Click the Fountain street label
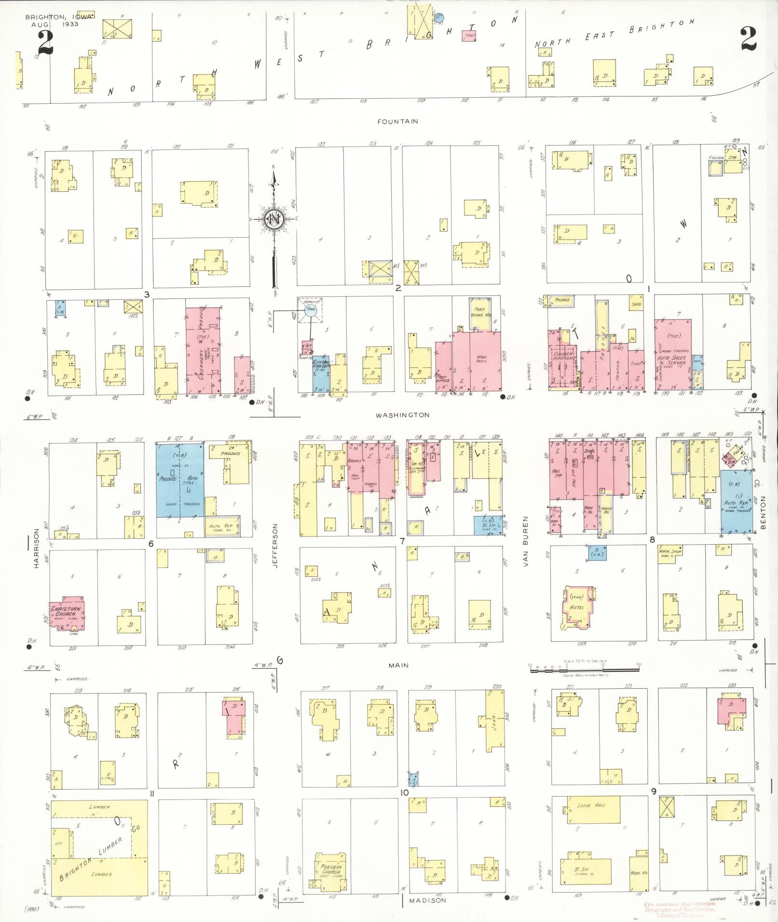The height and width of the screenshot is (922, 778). click(x=398, y=121)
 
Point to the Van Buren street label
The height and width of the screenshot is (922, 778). click(x=526, y=541)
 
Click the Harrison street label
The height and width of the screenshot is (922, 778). click(x=36, y=549)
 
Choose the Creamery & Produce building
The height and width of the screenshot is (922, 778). click(x=203, y=350)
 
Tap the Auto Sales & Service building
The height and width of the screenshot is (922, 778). click(x=673, y=354)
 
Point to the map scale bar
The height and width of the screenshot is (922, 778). click(x=584, y=669)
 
